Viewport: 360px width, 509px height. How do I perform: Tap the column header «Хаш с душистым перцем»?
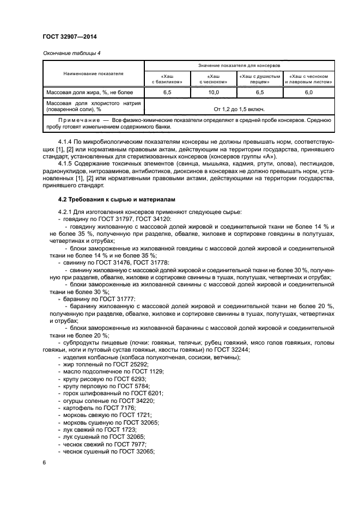pyautogui.click(x=259, y=79)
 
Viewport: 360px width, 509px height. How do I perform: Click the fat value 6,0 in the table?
pyautogui.click(x=308, y=93)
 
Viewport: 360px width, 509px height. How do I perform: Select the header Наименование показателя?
pyautogui.click(x=93, y=73)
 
